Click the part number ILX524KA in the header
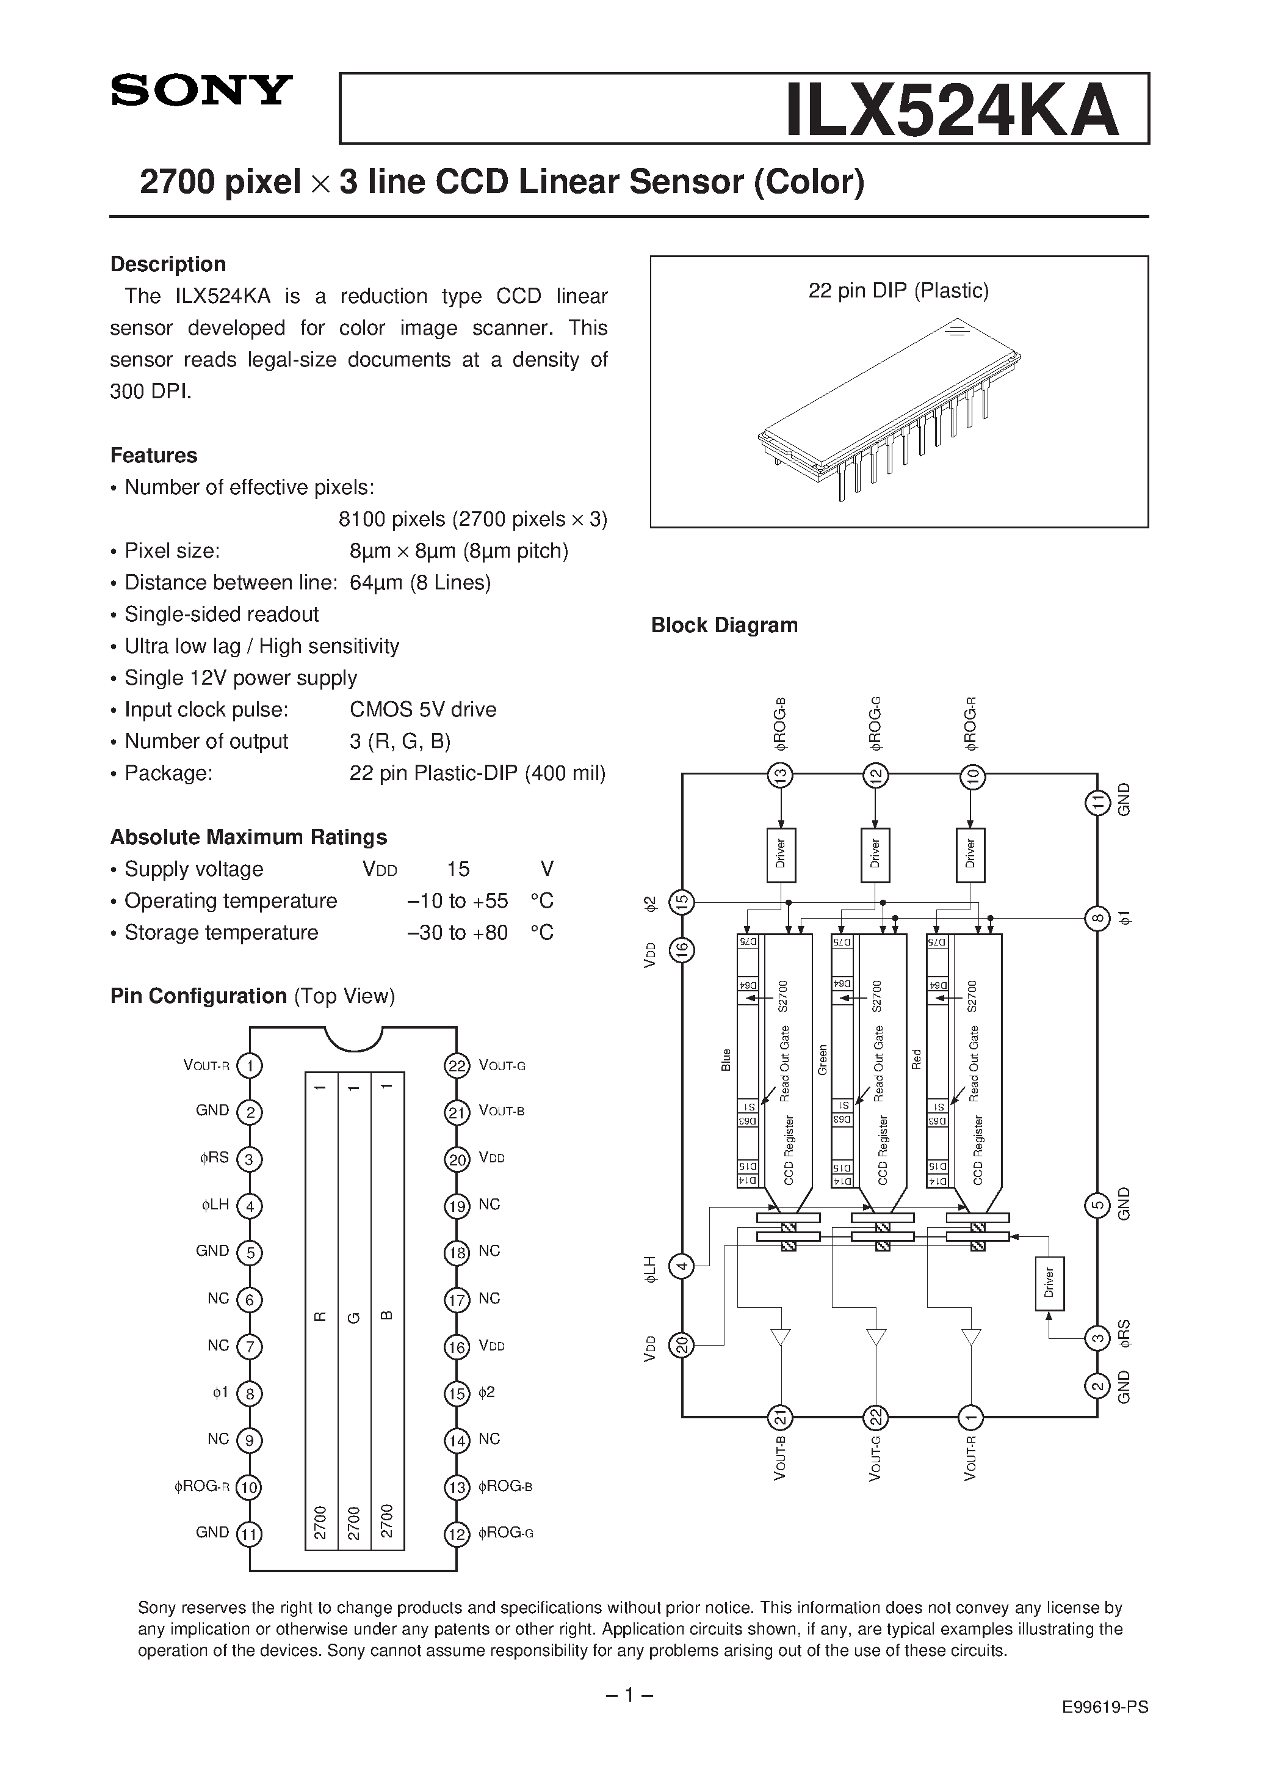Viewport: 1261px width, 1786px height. [952, 111]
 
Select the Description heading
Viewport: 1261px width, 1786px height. [168, 264]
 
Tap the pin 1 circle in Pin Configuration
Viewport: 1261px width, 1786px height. [250, 1065]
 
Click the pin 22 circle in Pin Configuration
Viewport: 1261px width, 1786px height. [457, 1065]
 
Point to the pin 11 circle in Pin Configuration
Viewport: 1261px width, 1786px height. [250, 1534]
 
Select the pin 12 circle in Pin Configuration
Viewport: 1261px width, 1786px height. [457, 1534]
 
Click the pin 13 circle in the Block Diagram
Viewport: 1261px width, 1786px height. [780, 776]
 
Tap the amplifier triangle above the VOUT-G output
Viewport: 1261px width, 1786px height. [876, 1337]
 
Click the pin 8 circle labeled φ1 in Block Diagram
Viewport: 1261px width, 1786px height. [1097, 918]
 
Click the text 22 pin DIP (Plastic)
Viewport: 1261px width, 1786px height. [898, 291]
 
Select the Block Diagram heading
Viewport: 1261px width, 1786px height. [724, 625]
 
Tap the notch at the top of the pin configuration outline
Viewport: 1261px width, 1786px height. [353, 1037]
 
